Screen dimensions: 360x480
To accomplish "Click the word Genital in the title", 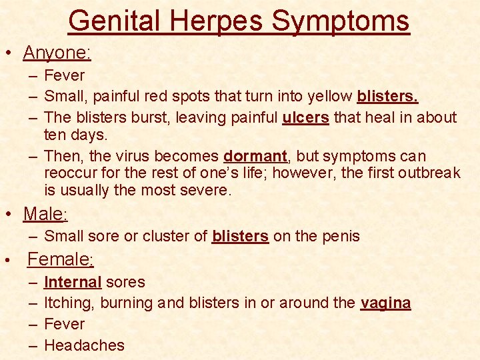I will [x=113, y=21].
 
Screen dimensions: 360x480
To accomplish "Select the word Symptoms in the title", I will [x=341, y=21].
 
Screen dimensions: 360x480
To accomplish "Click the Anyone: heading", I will [x=57, y=52].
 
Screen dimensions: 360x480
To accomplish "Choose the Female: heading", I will [x=61, y=259].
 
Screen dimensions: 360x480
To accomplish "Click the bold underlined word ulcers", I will [x=305, y=117].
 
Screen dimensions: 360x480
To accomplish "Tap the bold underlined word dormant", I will [x=255, y=156].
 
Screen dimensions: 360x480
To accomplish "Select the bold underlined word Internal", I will [x=73, y=282].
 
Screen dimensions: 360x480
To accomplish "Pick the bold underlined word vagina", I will [x=385, y=303].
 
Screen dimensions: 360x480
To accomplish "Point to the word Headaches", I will [x=84, y=345].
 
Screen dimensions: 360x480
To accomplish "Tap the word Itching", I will [x=69, y=303].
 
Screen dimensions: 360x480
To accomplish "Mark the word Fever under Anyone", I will [x=64, y=75].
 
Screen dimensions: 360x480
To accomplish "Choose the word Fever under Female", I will [x=64, y=324].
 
